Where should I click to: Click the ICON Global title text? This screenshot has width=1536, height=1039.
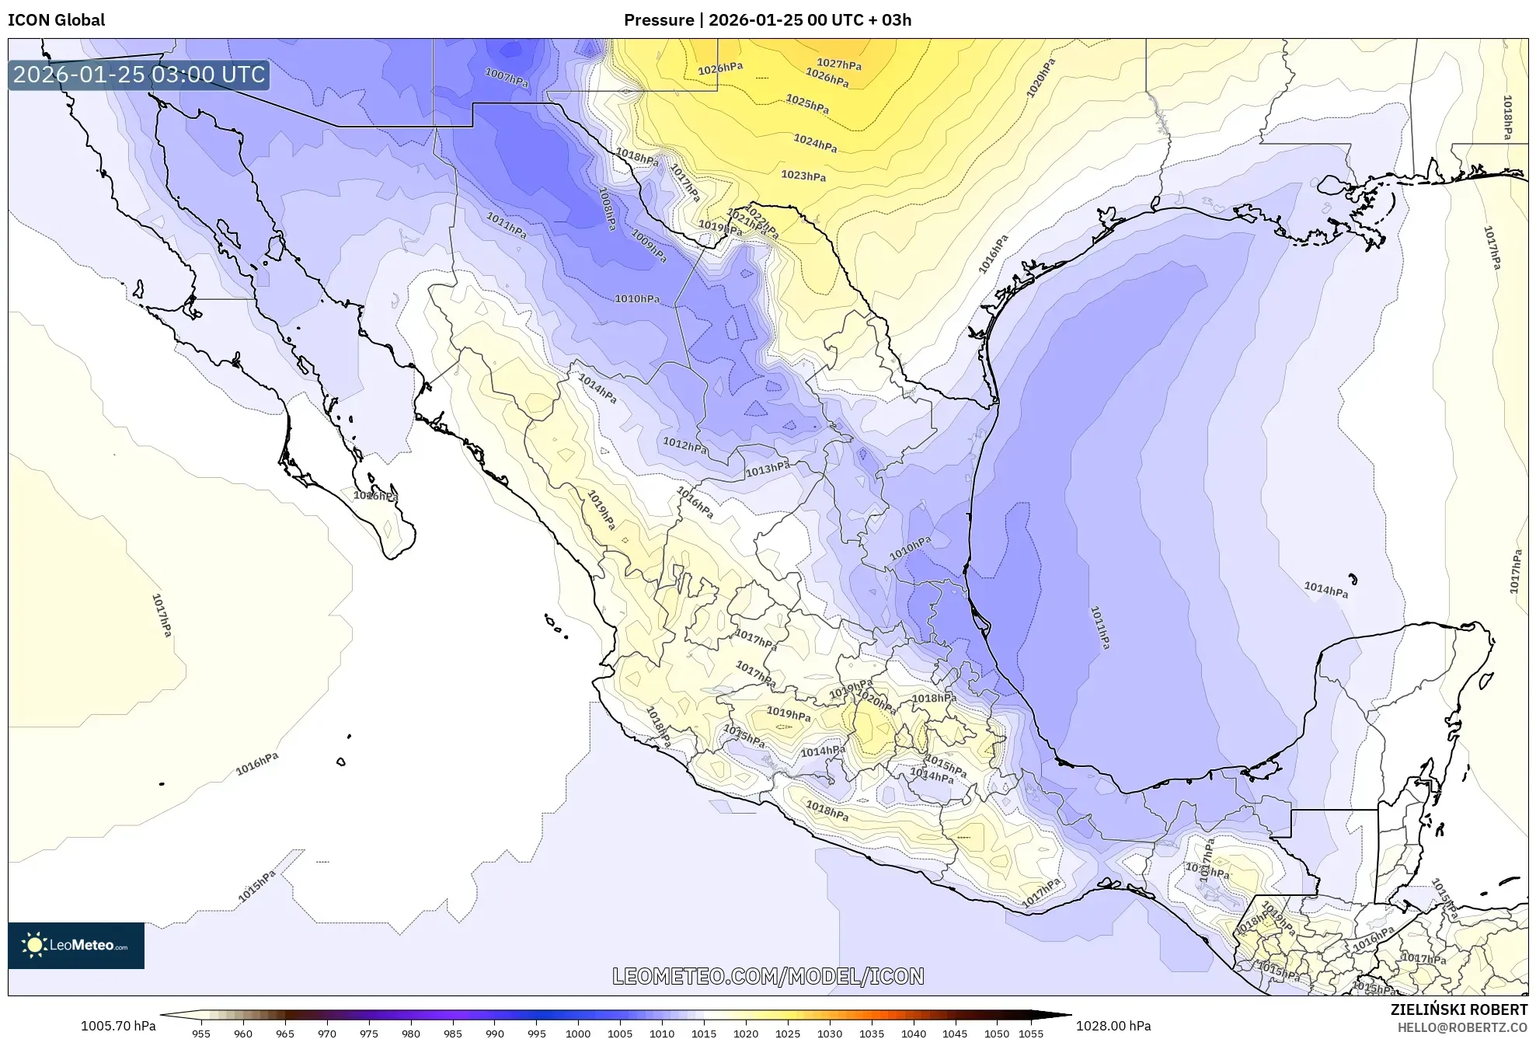click(x=56, y=20)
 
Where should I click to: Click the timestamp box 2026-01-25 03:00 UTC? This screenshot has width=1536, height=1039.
click(x=139, y=75)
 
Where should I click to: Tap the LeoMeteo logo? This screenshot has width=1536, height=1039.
click(x=76, y=945)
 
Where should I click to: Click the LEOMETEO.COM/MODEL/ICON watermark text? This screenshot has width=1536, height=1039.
click(x=768, y=976)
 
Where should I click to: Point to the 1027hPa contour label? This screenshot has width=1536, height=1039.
click(x=838, y=64)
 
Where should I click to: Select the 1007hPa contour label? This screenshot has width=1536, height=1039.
click(x=506, y=77)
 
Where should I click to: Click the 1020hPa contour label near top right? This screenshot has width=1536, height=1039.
click(x=1040, y=78)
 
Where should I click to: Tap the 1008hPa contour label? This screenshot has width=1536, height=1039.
click(x=607, y=207)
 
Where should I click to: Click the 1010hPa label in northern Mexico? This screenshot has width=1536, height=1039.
click(x=637, y=298)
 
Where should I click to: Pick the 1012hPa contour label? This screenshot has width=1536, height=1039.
click(x=684, y=445)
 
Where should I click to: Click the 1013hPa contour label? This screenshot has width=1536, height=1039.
click(x=767, y=469)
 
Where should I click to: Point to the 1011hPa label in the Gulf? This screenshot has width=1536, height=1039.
click(x=1099, y=627)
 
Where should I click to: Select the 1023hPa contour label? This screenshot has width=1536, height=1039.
click(x=803, y=176)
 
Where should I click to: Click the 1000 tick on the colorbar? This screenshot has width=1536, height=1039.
click(x=577, y=1034)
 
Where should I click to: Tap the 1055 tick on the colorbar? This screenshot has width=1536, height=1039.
click(x=1030, y=1034)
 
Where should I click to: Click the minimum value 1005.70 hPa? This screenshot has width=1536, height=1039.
click(x=118, y=1026)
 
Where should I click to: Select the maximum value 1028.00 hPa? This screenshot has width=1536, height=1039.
click(x=1113, y=1026)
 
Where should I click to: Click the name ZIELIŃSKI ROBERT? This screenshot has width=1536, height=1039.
click(x=1458, y=1009)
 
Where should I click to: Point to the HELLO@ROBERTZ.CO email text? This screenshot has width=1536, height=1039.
click(x=1461, y=1027)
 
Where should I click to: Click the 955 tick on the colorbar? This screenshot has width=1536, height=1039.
click(x=201, y=1034)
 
